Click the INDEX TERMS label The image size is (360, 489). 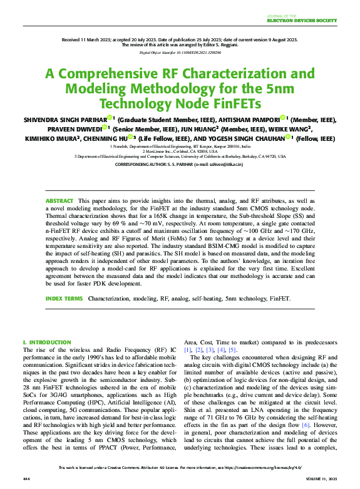point(63,299)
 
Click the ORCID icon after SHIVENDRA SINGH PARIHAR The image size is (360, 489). point(108,118)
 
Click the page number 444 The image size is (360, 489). point(26,478)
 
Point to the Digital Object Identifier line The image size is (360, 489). point(180,53)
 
